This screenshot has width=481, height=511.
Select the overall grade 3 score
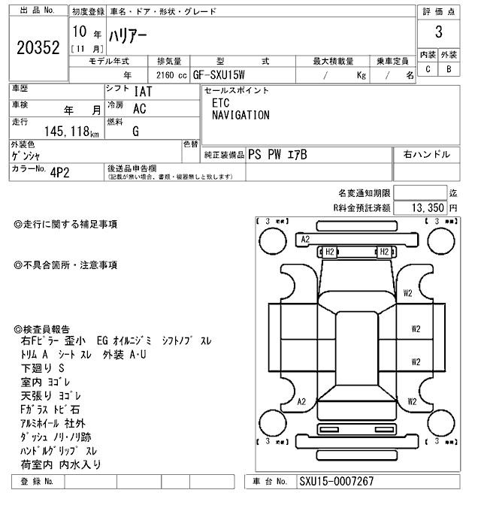point(438,32)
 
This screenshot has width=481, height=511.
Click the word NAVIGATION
point(240,116)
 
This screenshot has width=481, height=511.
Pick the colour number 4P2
point(59,171)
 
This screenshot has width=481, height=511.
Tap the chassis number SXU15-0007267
point(336,482)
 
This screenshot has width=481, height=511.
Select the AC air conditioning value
point(139,108)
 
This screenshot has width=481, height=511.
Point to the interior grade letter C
point(428,70)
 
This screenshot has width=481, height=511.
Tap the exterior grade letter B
point(449,70)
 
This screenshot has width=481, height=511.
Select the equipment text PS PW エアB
point(277,155)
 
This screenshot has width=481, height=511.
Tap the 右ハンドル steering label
point(426,155)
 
